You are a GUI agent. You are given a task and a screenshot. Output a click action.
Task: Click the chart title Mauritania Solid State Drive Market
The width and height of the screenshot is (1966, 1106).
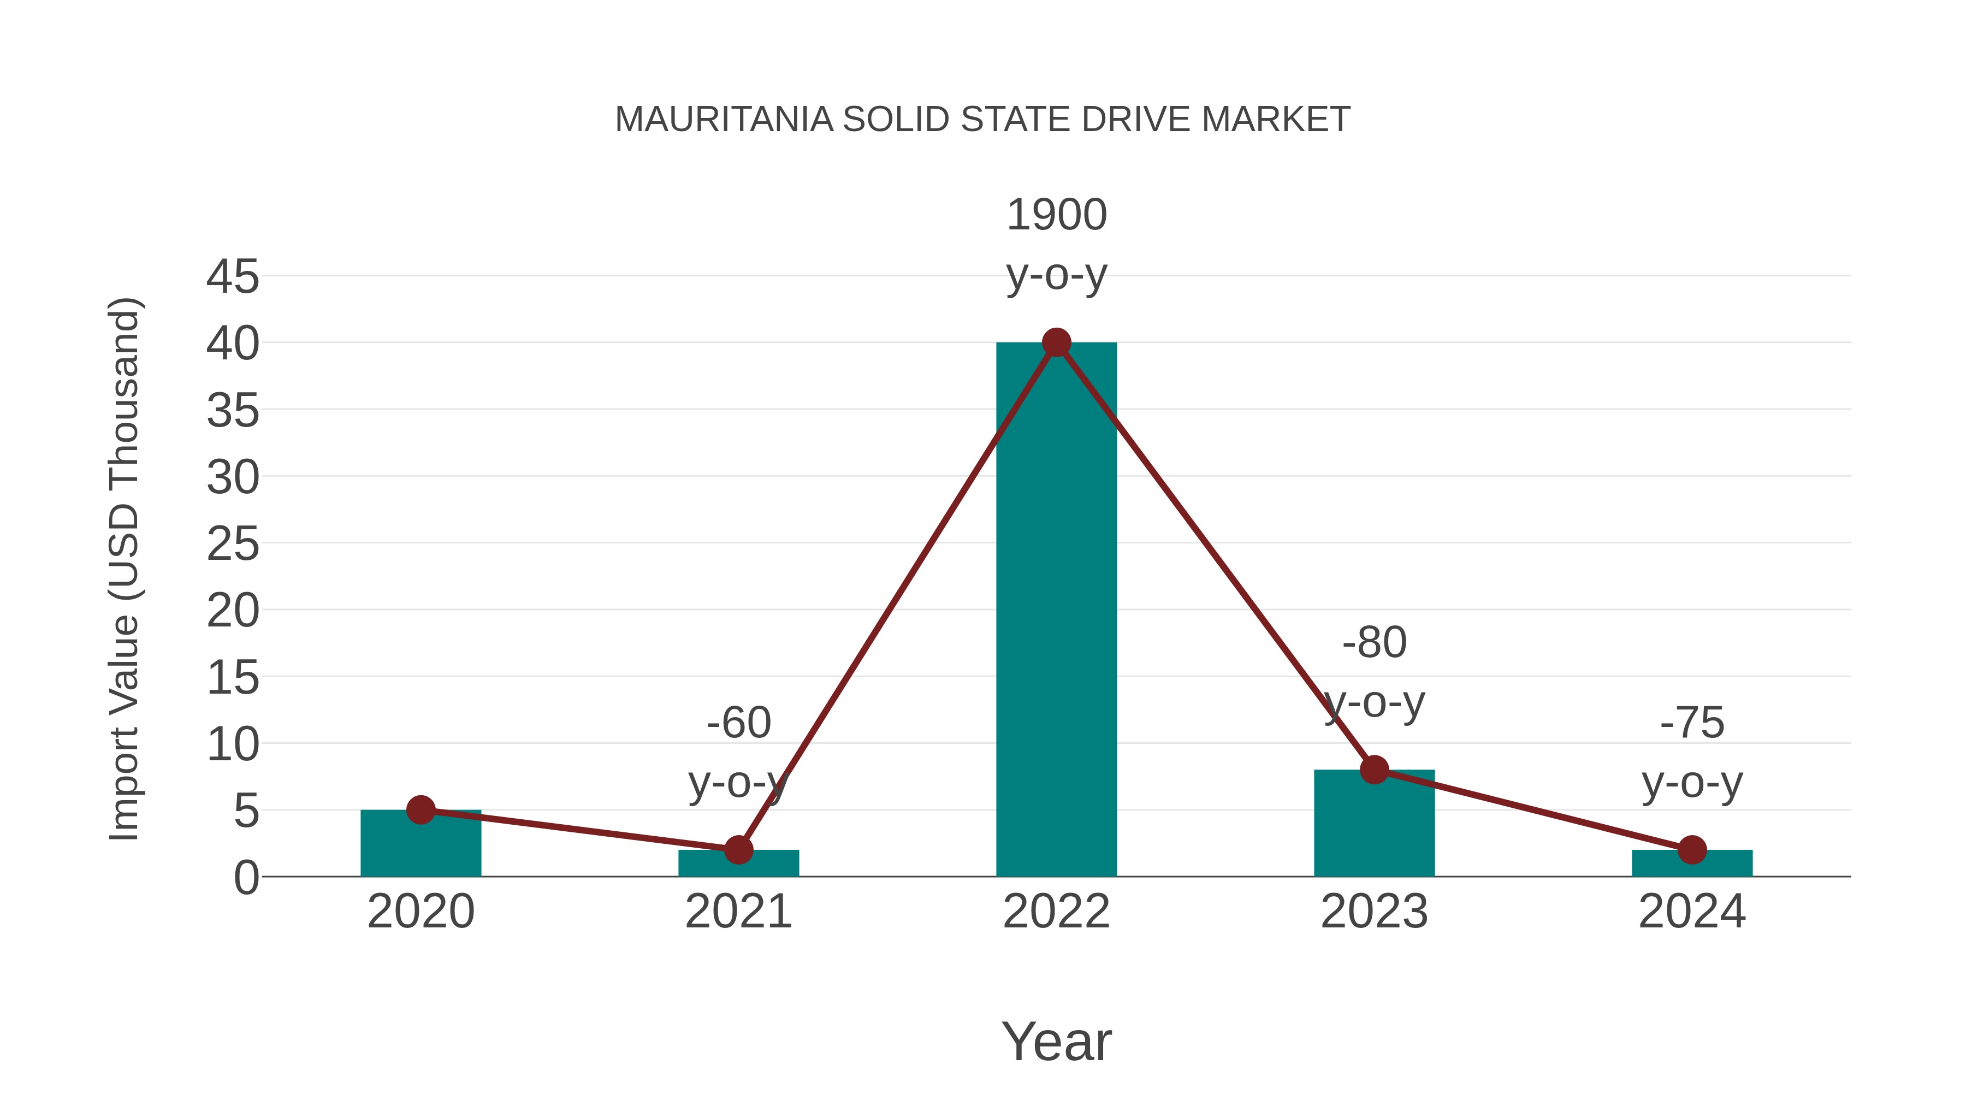point(982,120)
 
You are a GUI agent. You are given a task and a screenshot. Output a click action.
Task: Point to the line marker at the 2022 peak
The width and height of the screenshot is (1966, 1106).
point(1056,342)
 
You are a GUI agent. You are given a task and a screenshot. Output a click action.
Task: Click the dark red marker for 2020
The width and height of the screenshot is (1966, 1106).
point(421,810)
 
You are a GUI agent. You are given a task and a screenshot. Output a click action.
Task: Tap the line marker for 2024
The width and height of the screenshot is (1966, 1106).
point(1692,849)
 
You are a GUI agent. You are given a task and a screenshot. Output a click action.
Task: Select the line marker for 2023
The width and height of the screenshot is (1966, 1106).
point(1374,770)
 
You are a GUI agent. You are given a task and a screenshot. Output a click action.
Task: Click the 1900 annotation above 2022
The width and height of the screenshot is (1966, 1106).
point(1056,215)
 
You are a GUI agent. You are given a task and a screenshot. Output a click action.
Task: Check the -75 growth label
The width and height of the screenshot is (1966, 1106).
point(1692,722)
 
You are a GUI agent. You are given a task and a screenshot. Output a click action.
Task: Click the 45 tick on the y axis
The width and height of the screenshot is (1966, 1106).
point(233,276)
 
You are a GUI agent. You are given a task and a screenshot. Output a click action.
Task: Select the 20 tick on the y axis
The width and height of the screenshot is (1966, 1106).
point(233,611)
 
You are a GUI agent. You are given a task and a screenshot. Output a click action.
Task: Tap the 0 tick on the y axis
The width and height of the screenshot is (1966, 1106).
point(246,878)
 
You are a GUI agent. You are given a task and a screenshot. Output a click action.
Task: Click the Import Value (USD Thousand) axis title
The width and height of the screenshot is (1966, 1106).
point(123,569)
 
